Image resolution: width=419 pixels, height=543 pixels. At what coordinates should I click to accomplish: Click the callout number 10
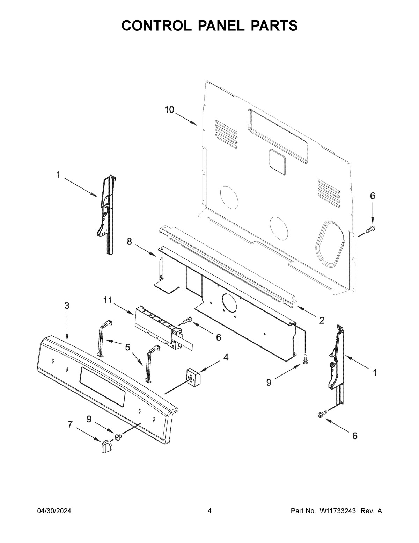tap(169, 110)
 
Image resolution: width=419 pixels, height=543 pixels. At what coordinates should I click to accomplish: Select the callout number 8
tap(130, 241)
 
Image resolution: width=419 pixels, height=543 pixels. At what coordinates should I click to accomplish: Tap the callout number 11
tap(108, 300)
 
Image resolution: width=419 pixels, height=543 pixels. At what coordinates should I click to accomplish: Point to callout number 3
tap(67, 306)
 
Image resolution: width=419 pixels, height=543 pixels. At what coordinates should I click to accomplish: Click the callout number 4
tap(226, 357)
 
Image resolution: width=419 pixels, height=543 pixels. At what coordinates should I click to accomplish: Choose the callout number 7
tap(70, 424)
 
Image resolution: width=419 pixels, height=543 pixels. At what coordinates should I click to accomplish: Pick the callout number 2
tap(322, 320)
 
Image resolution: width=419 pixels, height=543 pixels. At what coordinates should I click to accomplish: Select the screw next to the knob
tap(118, 436)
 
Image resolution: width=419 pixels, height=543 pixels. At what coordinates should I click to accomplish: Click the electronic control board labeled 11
tap(157, 327)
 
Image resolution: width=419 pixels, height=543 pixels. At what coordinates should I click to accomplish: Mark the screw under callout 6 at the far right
tap(371, 229)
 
